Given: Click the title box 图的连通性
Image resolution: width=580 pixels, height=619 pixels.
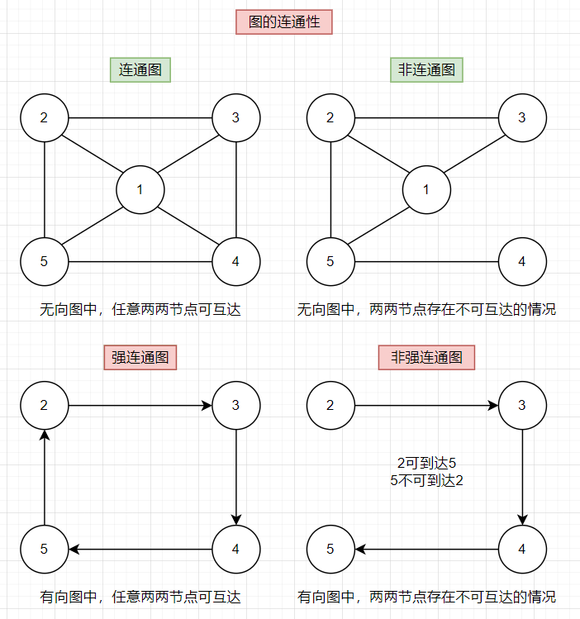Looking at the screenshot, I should (x=284, y=22).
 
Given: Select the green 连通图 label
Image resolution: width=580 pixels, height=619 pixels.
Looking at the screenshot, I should (x=140, y=70).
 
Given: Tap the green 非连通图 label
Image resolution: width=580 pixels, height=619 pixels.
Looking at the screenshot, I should (x=426, y=70).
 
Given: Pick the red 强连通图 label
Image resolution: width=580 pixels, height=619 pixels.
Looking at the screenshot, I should (x=140, y=358).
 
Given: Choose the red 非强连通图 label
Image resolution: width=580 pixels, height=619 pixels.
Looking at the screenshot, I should (x=426, y=358).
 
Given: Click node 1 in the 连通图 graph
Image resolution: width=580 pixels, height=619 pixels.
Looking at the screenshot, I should (x=140, y=190).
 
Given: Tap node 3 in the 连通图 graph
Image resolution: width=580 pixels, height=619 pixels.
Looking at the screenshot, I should (x=236, y=117).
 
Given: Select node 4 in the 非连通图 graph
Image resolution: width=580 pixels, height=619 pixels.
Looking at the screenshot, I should (x=522, y=263).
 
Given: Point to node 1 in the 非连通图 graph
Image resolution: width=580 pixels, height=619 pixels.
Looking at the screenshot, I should (x=426, y=190).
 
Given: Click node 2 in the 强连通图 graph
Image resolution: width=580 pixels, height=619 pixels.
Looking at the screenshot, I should (x=45, y=405).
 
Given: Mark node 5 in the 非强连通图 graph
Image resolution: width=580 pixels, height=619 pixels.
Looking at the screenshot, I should (x=330, y=550).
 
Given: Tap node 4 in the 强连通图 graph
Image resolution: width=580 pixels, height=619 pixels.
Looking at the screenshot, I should (x=236, y=550).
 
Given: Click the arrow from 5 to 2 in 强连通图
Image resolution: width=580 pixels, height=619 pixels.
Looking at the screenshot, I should (x=45, y=478).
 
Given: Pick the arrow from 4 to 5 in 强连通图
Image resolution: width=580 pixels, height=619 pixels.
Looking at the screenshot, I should (x=140, y=550).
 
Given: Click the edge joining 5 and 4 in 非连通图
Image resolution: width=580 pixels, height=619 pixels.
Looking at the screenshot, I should (x=426, y=263).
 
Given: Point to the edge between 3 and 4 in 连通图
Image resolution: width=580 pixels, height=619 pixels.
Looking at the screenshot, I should (x=236, y=190).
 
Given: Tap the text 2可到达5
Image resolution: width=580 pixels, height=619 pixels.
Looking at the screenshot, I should (x=426, y=464).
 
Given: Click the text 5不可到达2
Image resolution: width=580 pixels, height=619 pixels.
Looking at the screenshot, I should (x=426, y=480).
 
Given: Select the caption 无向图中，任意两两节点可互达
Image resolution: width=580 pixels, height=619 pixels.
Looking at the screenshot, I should (x=140, y=311).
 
